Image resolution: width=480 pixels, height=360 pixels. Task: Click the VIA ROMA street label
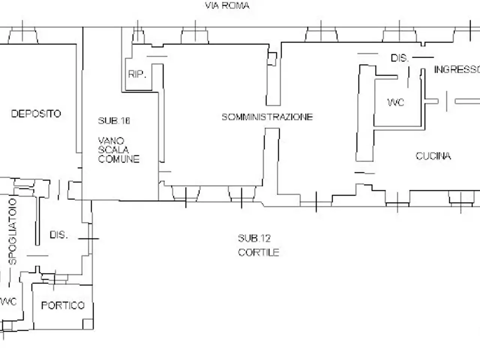pyautogui.click(x=227, y=6)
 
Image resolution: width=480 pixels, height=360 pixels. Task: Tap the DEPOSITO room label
pyautogui.click(x=36, y=114)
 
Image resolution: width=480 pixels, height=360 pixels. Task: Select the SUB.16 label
pyautogui.click(x=114, y=121)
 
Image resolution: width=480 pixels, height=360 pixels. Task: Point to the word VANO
pyautogui.click(x=111, y=141)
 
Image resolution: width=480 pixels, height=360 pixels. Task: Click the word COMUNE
pyautogui.click(x=119, y=159)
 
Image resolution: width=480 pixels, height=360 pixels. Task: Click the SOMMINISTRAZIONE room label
pyautogui.click(x=267, y=117)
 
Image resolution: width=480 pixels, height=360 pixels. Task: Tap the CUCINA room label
pyautogui.click(x=433, y=156)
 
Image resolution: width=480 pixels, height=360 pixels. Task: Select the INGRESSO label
pyautogui.click(x=457, y=70)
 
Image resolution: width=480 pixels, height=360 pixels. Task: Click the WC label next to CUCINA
pyautogui.click(x=396, y=102)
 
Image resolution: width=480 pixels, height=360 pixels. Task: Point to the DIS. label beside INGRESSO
pyautogui.click(x=400, y=58)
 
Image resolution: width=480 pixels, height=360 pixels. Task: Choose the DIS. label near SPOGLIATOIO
pyautogui.click(x=58, y=235)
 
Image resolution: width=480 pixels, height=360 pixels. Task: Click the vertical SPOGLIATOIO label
pyautogui.click(x=12, y=231)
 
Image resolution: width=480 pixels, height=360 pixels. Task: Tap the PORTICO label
pyautogui.click(x=63, y=305)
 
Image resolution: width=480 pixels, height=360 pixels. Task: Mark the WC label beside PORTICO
pyautogui.click(x=8, y=301)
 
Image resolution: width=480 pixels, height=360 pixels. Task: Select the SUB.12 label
pyautogui.click(x=254, y=238)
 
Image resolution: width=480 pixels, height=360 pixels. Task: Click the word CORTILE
pyautogui.click(x=258, y=253)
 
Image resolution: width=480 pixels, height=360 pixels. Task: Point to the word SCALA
pyautogui.click(x=113, y=150)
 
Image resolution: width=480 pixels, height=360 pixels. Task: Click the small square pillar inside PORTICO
pyautogui.click(x=88, y=324)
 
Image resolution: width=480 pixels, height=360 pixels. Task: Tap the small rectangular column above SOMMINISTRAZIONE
pyautogui.click(x=272, y=59)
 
